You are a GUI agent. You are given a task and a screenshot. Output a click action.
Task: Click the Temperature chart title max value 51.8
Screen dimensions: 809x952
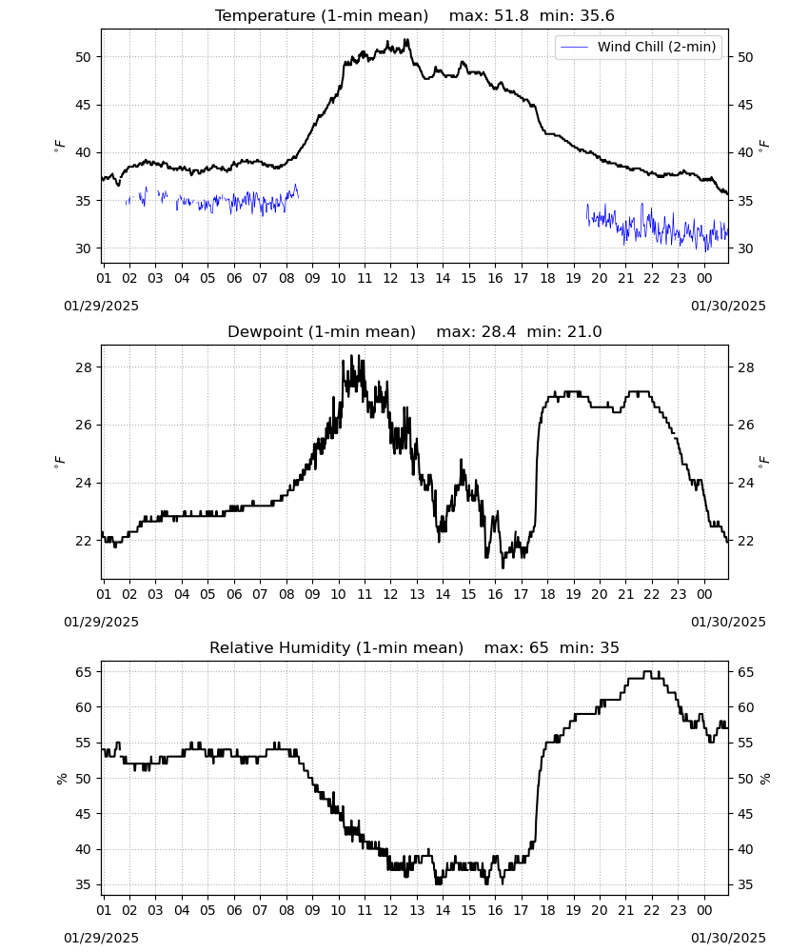(511, 15)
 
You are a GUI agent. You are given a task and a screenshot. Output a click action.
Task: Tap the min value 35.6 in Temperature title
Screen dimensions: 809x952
(597, 15)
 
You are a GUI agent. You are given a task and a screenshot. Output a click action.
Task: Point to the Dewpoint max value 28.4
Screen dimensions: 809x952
(499, 331)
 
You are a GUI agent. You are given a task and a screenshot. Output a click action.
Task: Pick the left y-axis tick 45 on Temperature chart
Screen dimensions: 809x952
(83, 105)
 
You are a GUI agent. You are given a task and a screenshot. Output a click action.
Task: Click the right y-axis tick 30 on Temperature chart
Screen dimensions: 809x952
(745, 248)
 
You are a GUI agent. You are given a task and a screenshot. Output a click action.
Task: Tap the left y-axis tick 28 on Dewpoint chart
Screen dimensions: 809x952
(83, 367)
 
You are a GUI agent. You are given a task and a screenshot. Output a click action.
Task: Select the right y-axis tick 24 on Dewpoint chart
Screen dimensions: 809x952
(745, 483)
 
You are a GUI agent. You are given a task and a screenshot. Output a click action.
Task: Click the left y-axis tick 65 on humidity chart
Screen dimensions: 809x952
(83, 671)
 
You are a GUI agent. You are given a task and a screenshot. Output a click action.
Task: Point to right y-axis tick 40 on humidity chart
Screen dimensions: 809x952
(745, 849)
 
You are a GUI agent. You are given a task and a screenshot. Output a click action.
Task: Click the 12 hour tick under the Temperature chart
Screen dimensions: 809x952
(390, 278)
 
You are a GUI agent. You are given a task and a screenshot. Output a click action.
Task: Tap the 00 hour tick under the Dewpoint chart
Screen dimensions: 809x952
(704, 594)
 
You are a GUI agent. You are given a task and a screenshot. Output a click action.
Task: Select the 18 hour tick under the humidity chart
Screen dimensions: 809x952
(547, 910)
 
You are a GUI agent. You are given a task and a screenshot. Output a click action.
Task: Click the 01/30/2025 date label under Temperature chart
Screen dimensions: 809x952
(728, 306)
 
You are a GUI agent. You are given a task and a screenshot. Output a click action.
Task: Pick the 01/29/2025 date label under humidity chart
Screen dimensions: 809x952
(101, 938)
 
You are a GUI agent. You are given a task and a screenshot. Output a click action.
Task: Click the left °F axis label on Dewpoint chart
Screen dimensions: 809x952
(59, 462)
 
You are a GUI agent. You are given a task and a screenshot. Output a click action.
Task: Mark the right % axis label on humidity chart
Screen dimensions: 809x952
(764, 779)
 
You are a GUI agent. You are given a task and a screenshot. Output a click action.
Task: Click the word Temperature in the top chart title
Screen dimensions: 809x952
(266, 16)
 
